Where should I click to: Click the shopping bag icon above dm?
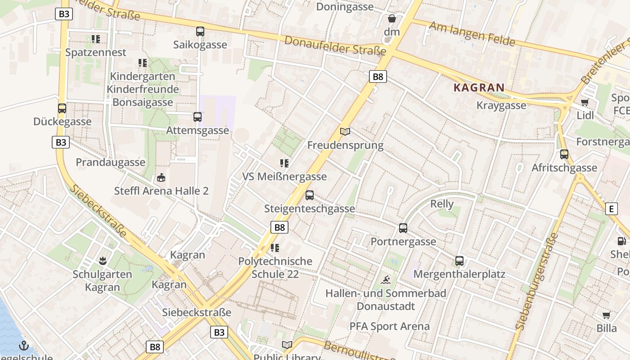click(x=392, y=18)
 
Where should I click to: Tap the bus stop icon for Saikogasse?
click(x=200, y=31)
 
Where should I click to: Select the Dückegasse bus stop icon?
click(x=62, y=108)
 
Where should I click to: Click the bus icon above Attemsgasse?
click(x=198, y=117)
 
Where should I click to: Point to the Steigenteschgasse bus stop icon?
click(x=310, y=195)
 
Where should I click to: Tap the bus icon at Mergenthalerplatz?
click(x=459, y=261)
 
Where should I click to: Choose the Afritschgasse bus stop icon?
click(x=564, y=154)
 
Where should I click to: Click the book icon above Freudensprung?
click(x=345, y=131)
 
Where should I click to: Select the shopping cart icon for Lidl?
click(x=585, y=102)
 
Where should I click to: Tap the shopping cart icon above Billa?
click(x=607, y=315)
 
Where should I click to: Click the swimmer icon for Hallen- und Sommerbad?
click(x=386, y=280)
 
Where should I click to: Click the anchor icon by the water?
click(x=24, y=346)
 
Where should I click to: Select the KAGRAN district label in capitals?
click(x=479, y=88)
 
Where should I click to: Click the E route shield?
click(x=611, y=209)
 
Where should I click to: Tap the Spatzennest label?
click(x=96, y=53)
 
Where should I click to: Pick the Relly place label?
click(x=442, y=204)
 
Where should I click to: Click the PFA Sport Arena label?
click(x=390, y=326)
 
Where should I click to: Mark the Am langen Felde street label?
click(x=472, y=34)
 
